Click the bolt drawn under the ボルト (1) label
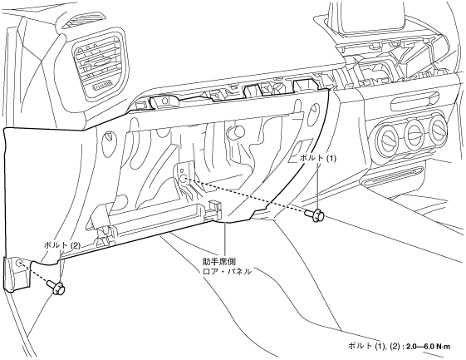click(315, 215)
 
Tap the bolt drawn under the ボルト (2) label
click(56, 288)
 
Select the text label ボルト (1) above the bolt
click(317, 159)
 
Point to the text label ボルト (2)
click(62, 245)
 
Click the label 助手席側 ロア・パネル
click(227, 267)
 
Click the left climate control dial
click(386, 138)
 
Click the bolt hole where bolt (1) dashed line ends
click(184, 179)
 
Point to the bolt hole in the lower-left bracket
click(19, 263)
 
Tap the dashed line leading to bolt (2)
click(35, 274)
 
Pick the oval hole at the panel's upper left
click(108, 136)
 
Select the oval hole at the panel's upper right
click(313, 113)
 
